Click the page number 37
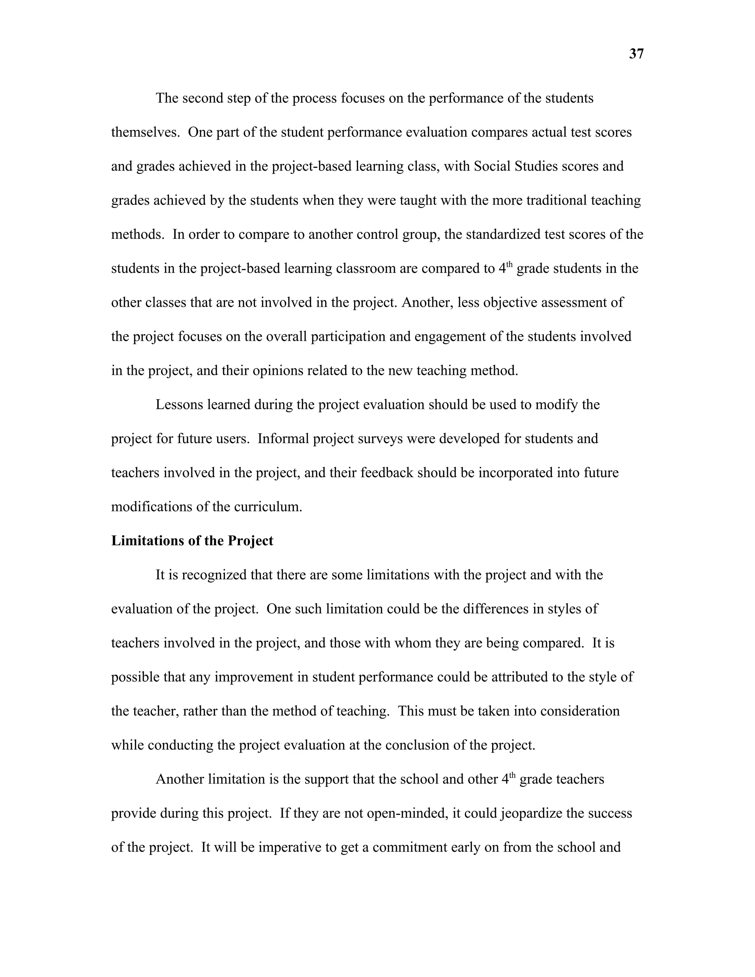pos(636,54)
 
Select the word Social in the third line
pos(492,166)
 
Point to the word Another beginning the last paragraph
pos(180,779)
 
